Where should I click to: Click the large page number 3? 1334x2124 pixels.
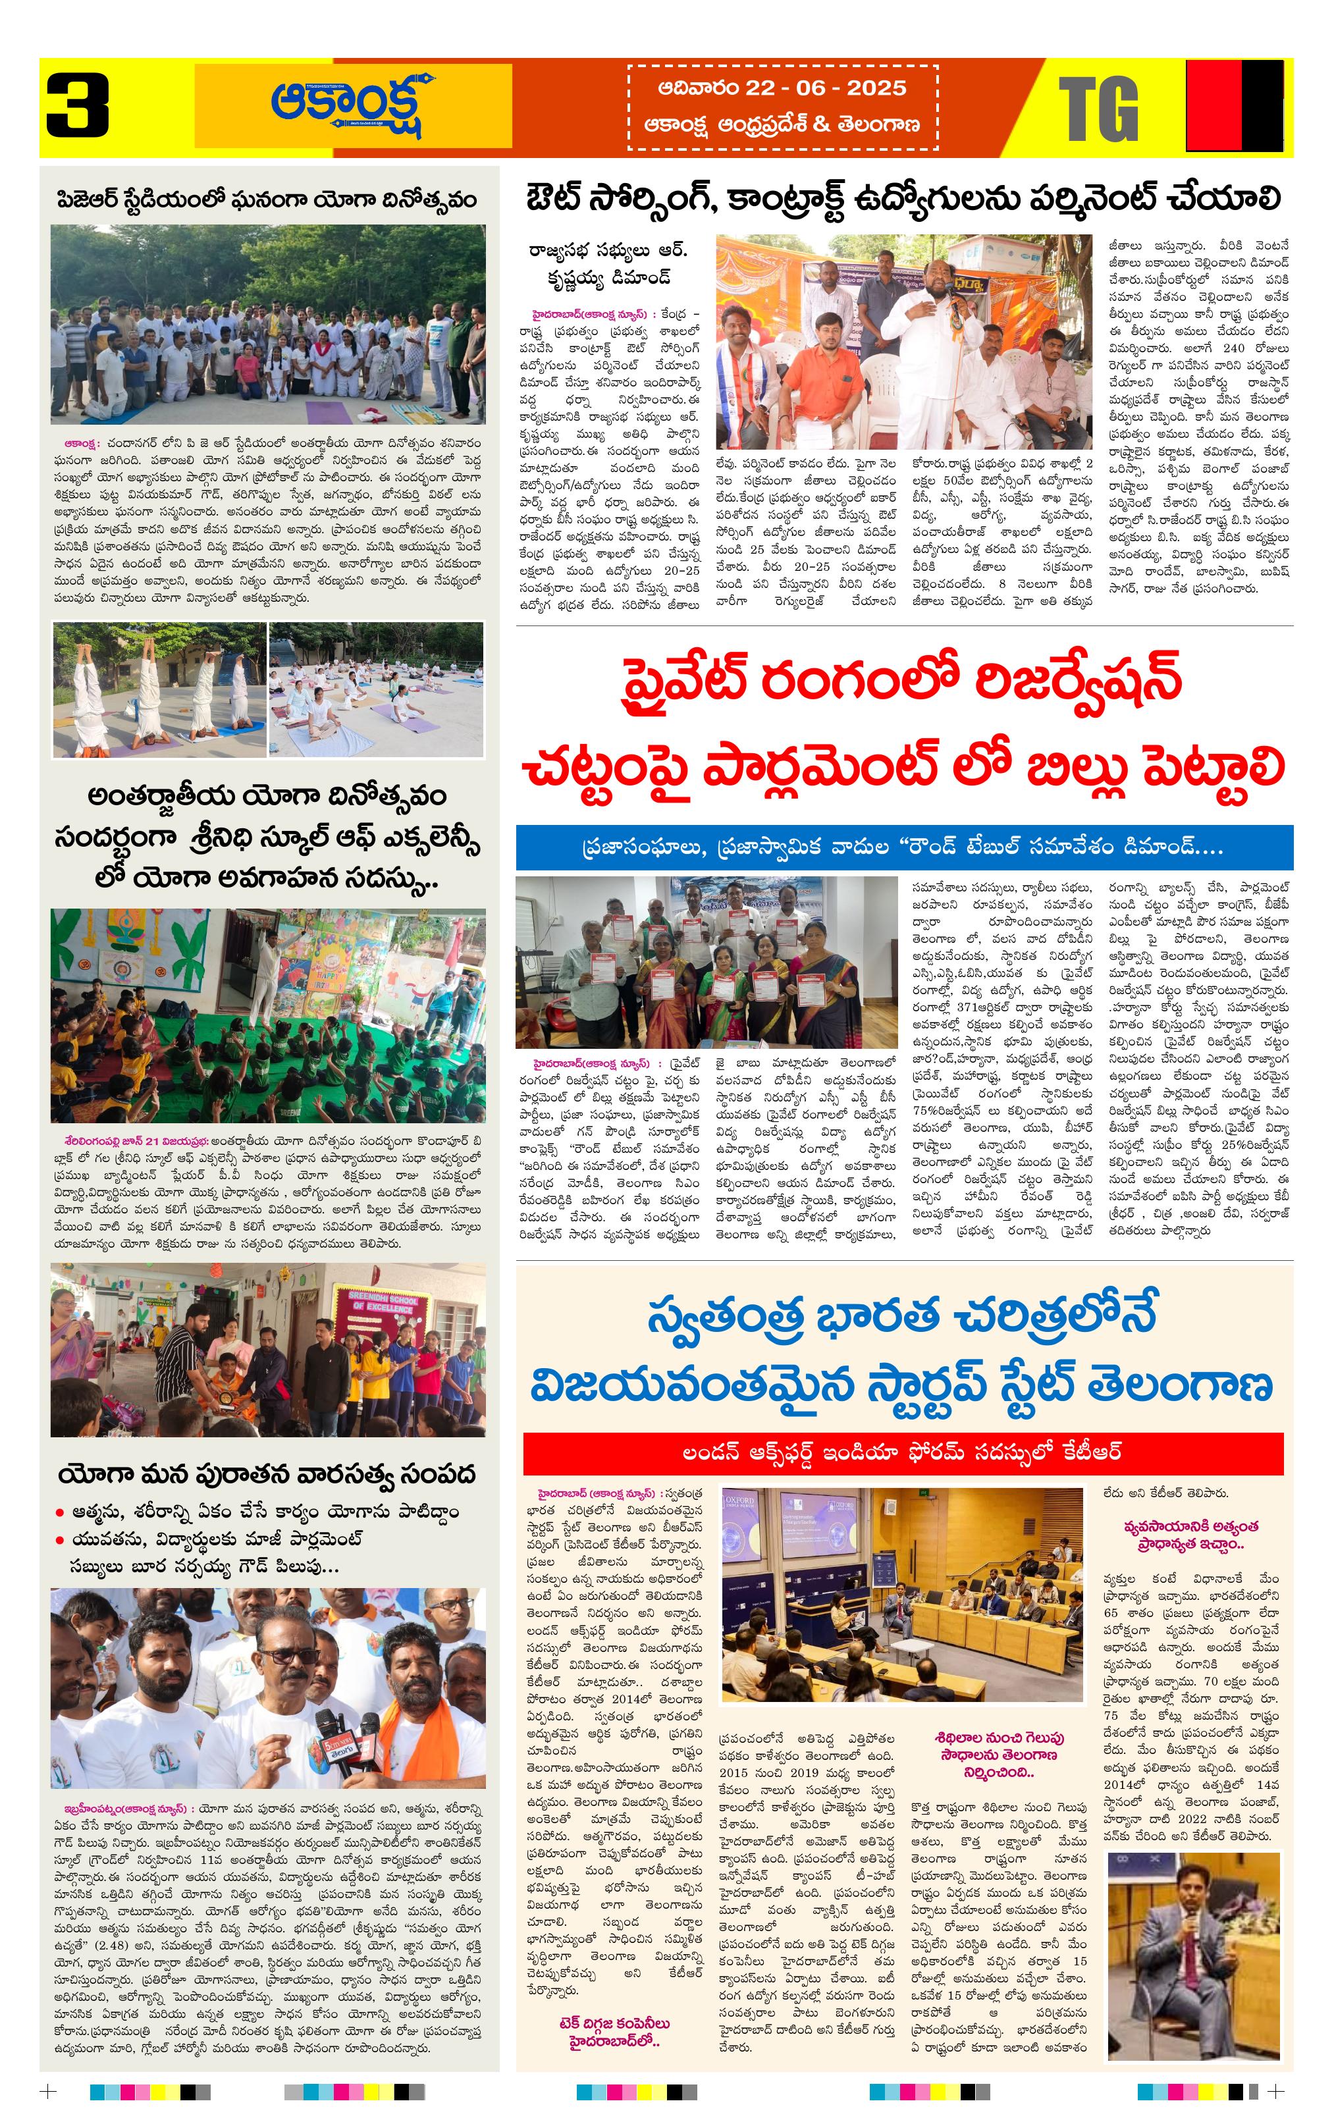click(x=78, y=106)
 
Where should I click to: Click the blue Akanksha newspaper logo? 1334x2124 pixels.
click(x=354, y=106)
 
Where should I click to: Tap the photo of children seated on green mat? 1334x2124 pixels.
click(x=268, y=1015)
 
